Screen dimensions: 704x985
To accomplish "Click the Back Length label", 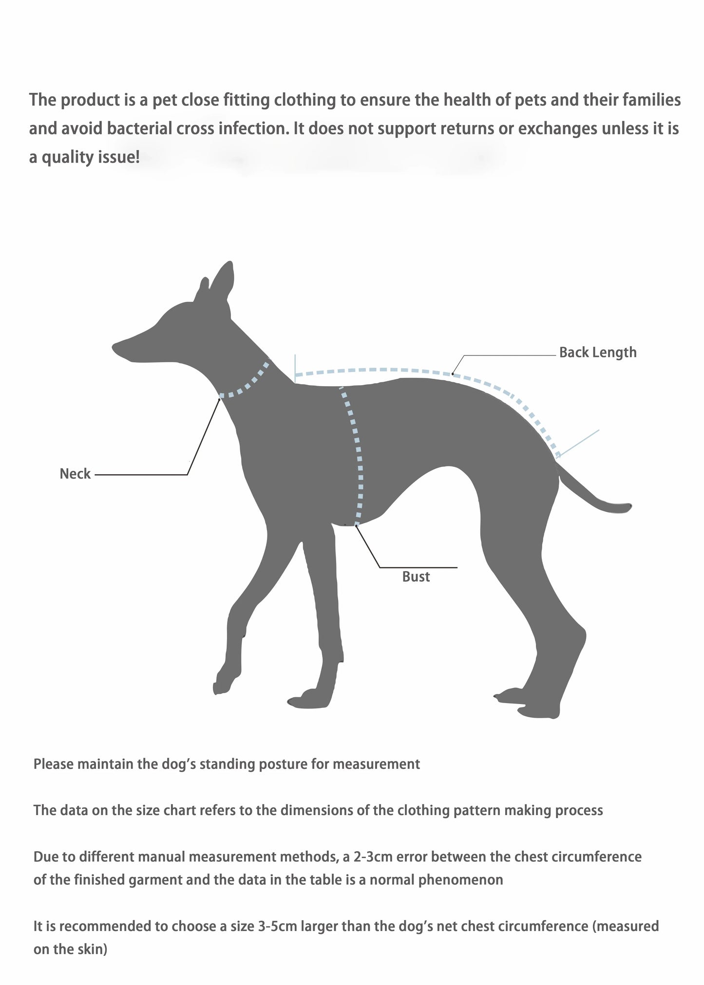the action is click(598, 353).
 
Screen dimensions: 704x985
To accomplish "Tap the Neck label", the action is click(75, 474).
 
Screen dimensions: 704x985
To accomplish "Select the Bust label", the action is click(416, 576).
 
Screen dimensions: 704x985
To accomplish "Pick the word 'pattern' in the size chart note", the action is click(476, 810).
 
